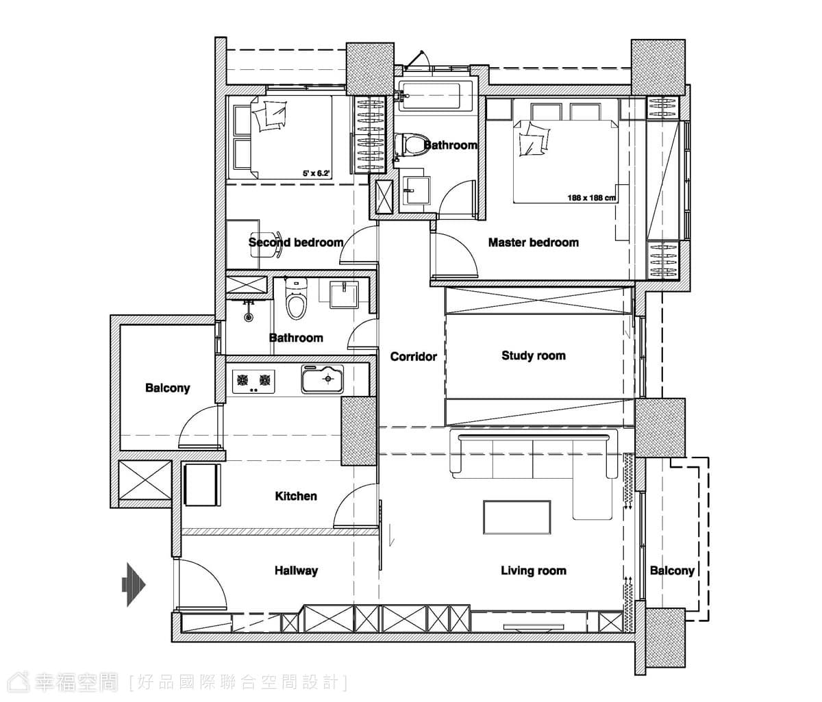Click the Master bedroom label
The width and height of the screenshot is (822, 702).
[533, 242]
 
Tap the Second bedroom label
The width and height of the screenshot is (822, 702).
[296, 242]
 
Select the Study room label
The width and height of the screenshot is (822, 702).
[534, 355]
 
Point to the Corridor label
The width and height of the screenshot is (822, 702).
[414, 357]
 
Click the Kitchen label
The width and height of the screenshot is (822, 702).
[296, 496]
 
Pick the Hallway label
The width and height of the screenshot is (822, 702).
[297, 571]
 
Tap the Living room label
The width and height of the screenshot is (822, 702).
[534, 571]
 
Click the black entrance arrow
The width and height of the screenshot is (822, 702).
[134, 584]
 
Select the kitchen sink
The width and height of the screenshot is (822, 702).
[322, 379]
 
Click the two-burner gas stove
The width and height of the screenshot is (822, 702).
[253, 381]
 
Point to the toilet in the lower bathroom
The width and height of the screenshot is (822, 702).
[297, 299]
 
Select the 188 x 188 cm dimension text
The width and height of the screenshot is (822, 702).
[591, 197]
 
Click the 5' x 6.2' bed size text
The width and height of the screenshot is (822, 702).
[316, 173]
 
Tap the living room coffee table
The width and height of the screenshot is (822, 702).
[517, 517]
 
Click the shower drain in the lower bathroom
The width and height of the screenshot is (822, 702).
[249, 317]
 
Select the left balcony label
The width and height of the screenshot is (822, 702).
[167, 388]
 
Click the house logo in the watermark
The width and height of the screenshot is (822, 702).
[18, 682]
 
